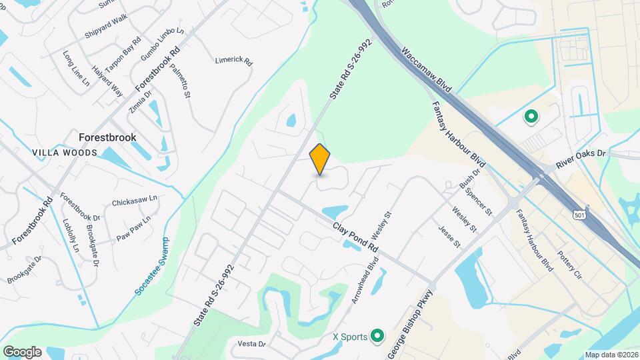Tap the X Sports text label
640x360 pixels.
350,337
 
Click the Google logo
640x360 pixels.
22,351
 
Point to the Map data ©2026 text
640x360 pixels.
611,355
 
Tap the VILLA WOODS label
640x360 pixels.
65,153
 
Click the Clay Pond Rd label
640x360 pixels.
356,237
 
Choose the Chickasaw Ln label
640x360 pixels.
134,200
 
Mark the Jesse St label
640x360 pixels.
449,236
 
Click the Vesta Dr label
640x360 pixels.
252,344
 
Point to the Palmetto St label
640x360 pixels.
180,80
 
